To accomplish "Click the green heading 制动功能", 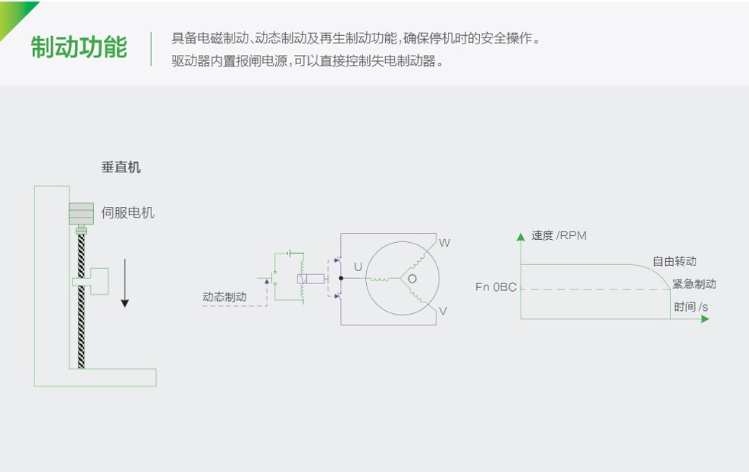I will (79, 47).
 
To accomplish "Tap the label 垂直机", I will (121, 167).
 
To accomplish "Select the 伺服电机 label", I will (128, 212).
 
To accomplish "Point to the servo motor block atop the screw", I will (81, 214).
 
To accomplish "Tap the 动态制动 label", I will (225, 297).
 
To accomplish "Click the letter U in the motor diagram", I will (358, 267).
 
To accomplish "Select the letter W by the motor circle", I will (444, 243).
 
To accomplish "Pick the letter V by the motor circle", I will (443, 312).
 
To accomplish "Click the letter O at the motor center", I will (412, 279).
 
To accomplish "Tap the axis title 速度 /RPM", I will (559, 235).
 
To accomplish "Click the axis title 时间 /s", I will (690, 307).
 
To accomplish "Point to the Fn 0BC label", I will (495, 287).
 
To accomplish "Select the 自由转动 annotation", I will (674, 261).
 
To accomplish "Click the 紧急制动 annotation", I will (694, 284).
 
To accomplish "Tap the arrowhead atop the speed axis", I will (520, 236).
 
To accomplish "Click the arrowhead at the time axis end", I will (705, 318).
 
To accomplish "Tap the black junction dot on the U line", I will (341, 278).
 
